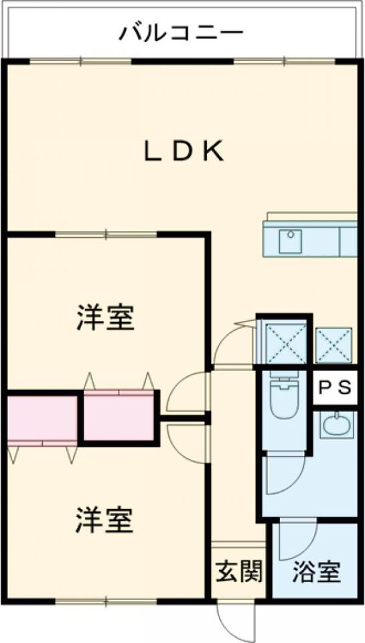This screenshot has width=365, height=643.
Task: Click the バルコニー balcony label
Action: click(x=181, y=33)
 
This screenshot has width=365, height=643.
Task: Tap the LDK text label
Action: click(x=183, y=151)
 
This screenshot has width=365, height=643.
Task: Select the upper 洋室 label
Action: click(x=105, y=317)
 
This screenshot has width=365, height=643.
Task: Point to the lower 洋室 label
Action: click(x=104, y=520)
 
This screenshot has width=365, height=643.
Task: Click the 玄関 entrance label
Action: click(x=239, y=571)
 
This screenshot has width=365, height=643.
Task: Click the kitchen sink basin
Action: click(x=291, y=241)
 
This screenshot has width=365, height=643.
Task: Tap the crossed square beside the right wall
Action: click(x=334, y=345)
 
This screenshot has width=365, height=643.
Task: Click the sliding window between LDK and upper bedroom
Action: click(x=106, y=234)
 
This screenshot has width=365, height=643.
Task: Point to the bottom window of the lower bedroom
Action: click(x=106, y=602)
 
